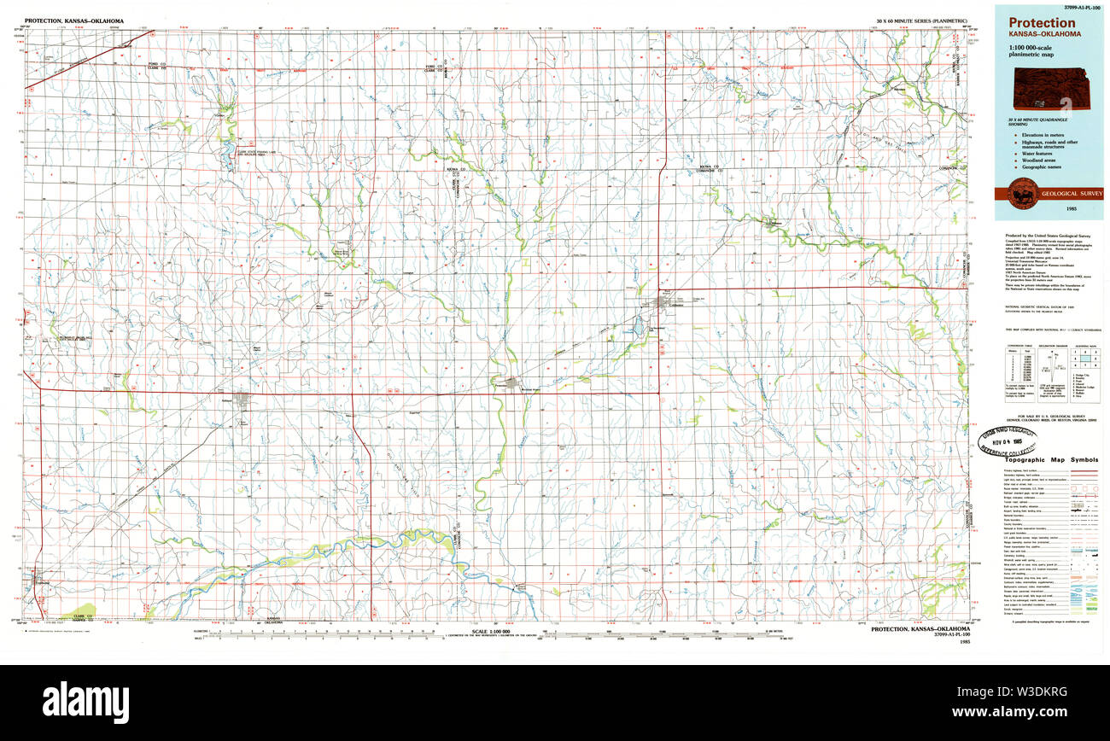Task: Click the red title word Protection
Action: (x=1042, y=23)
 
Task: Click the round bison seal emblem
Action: (x=1020, y=195)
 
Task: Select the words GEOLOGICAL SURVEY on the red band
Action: (x=1072, y=194)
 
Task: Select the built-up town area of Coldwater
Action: (x=663, y=300)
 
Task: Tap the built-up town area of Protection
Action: (x=512, y=383)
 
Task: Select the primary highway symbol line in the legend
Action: (x=1084, y=471)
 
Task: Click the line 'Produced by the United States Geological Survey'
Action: (x=1047, y=235)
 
